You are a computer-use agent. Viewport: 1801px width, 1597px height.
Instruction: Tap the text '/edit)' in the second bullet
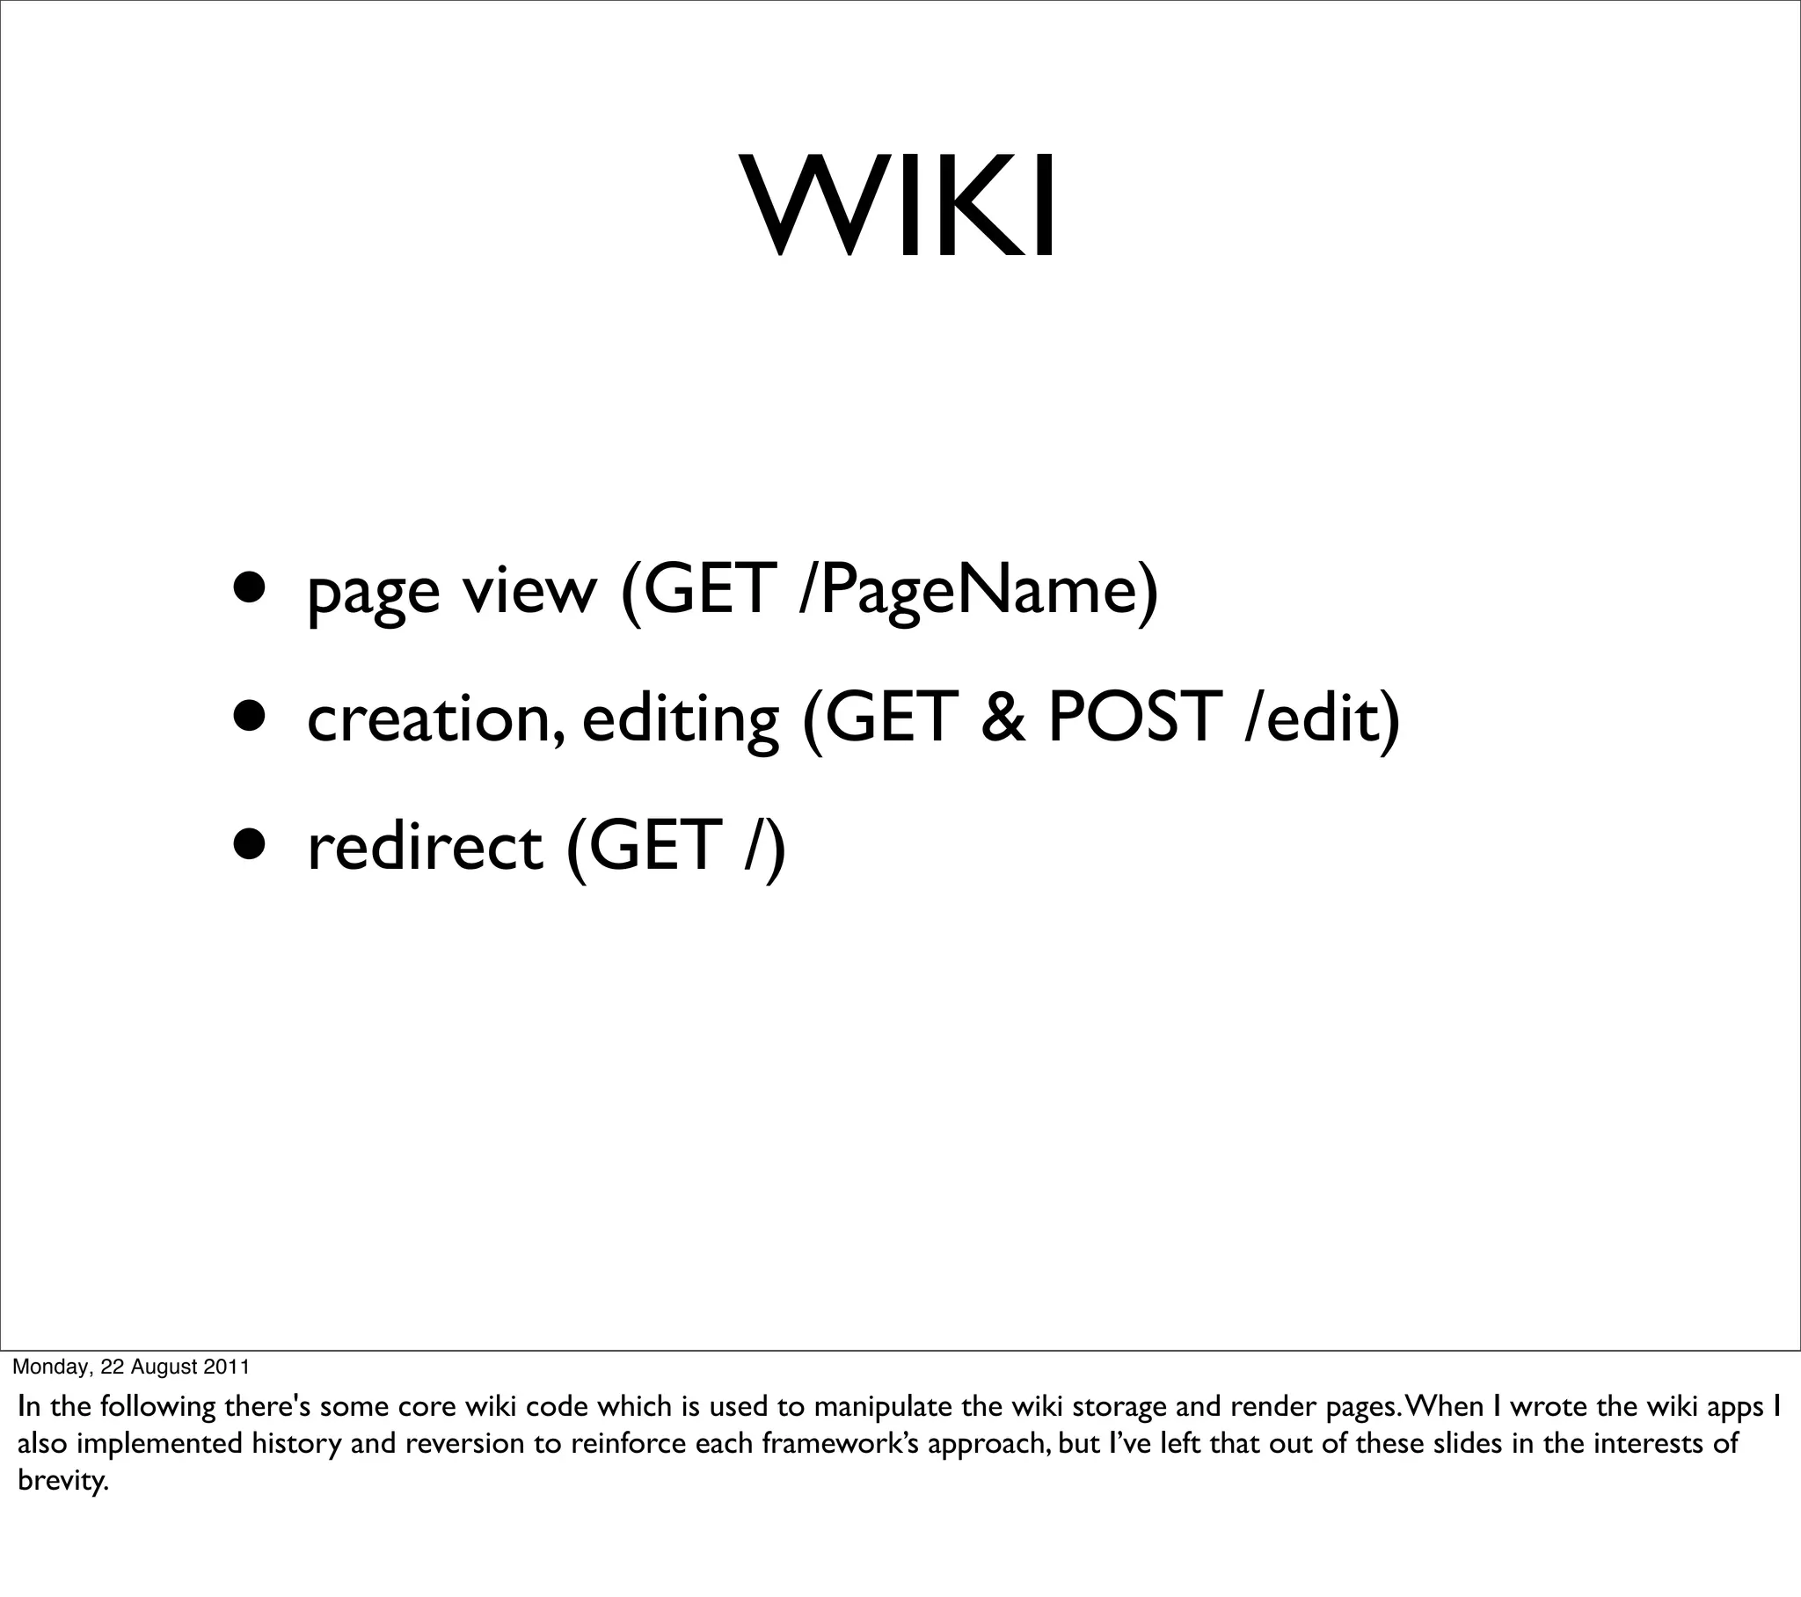click(1322, 718)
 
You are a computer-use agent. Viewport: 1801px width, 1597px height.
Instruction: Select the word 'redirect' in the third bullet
click(425, 845)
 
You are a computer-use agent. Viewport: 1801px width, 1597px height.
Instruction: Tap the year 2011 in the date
click(227, 1367)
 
